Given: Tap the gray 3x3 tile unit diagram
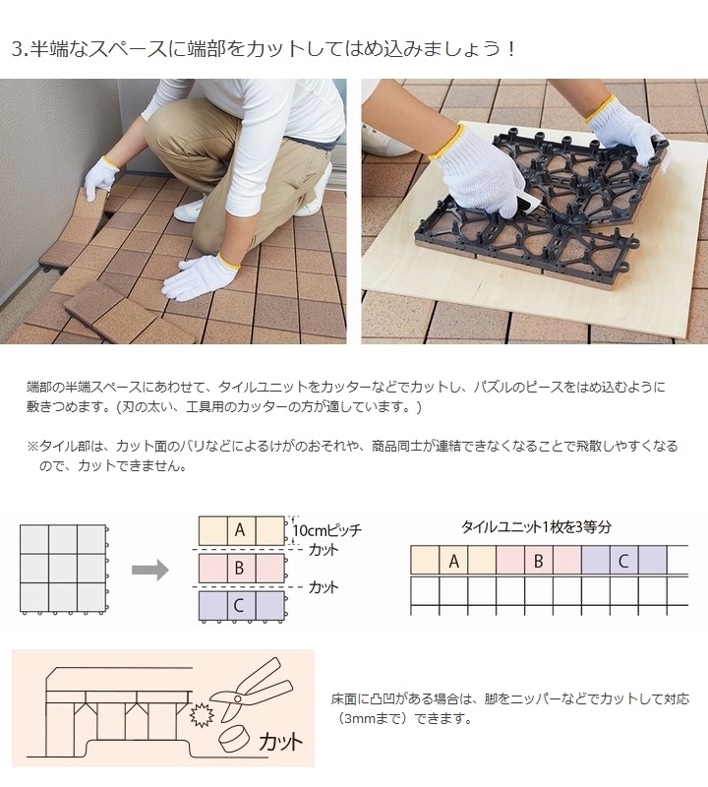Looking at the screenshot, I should pyautogui.click(x=63, y=569).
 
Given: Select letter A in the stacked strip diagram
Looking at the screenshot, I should pyautogui.click(x=239, y=529).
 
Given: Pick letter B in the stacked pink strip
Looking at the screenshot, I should pyautogui.click(x=239, y=568).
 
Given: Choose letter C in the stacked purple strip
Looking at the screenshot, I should pyautogui.click(x=239, y=606).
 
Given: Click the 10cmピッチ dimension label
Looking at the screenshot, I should pyautogui.click(x=326, y=529).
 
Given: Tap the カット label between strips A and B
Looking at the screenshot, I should pyautogui.click(x=324, y=548).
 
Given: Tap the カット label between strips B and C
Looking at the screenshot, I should pyautogui.click(x=324, y=587).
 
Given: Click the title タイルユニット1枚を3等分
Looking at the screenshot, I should pyautogui.click(x=536, y=526).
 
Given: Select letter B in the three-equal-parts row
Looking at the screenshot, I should pyautogui.click(x=538, y=561).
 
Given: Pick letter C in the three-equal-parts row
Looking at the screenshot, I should pyautogui.click(x=623, y=561).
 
